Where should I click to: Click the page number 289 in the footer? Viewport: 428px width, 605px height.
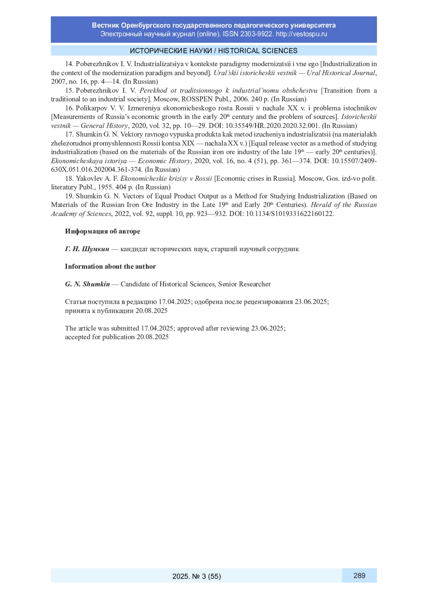coord(359,575)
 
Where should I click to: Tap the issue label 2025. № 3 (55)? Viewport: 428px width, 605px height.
coord(197,576)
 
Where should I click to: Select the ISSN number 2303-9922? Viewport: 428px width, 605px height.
coord(256,34)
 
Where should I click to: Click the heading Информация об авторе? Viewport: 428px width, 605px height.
coord(102,231)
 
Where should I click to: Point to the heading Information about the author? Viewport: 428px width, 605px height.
coord(110,266)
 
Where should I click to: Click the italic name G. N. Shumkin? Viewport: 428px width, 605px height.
coord(87,284)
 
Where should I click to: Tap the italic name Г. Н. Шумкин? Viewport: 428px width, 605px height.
coord(87,249)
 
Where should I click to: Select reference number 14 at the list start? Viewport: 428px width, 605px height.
coord(69,64)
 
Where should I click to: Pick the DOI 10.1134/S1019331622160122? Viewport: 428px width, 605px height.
coord(290,214)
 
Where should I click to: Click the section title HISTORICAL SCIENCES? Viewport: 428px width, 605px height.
coord(258,51)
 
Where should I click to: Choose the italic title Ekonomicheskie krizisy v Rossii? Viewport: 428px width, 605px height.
coord(166,179)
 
